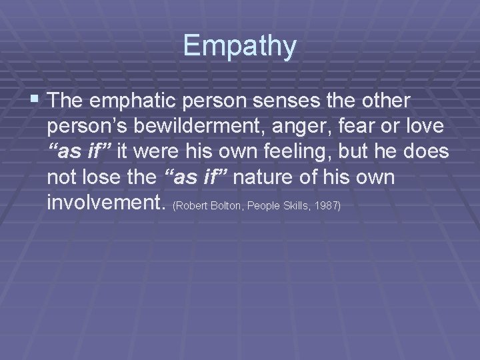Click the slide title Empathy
tap(239, 45)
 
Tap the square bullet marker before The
tap(35, 100)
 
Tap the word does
tap(428, 152)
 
